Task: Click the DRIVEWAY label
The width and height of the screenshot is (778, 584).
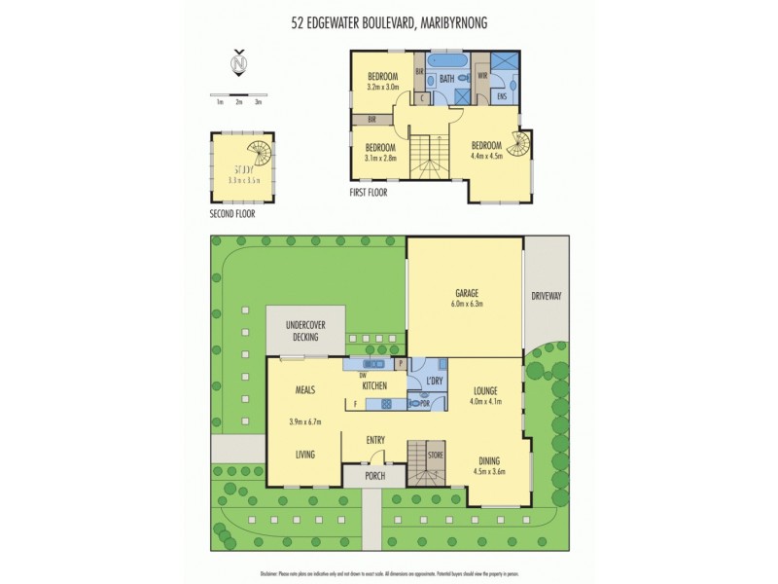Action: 546,294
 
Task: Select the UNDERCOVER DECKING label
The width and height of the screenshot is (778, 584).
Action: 305,330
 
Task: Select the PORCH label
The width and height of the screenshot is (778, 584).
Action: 374,476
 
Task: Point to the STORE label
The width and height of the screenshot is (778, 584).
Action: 435,453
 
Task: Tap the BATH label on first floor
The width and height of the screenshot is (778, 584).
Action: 447,77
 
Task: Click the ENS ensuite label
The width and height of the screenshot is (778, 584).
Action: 502,96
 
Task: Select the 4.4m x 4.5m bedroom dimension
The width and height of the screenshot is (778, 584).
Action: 489,154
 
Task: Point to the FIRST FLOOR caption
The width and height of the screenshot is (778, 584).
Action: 369,193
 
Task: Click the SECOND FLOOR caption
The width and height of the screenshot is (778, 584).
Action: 232,213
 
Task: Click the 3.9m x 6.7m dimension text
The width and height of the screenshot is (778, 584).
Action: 305,422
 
